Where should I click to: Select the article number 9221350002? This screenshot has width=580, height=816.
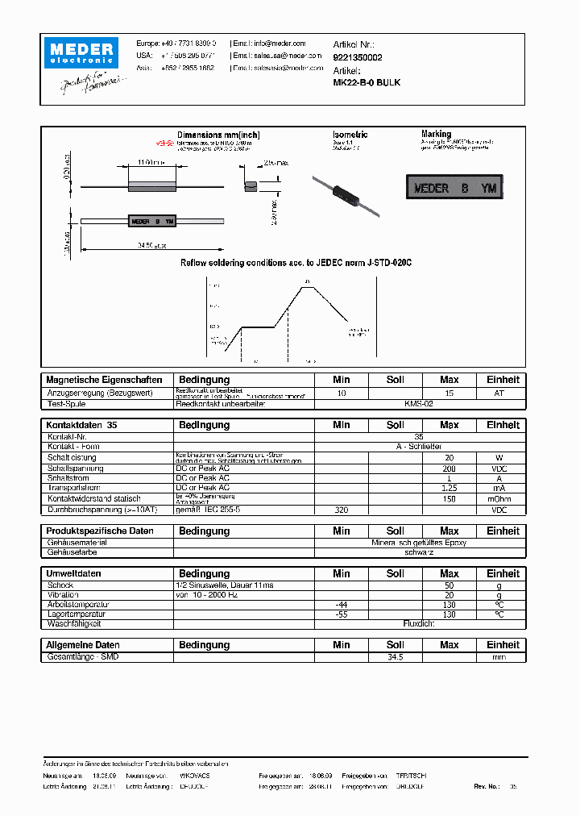point(358,57)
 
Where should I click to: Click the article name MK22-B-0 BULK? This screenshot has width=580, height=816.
point(367,82)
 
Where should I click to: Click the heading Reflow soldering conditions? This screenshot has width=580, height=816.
point(296,263)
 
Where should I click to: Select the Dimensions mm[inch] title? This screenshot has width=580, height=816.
point(218,135)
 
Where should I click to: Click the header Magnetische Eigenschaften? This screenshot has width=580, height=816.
point(105,380)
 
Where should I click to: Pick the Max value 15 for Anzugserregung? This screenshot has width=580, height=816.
point(449,393)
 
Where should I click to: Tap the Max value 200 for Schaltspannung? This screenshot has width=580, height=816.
point(449,468)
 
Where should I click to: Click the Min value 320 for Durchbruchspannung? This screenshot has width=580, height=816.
point(341,510)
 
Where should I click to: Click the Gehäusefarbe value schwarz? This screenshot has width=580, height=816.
point(419,553)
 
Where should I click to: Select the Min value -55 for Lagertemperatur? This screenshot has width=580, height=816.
point(341,614)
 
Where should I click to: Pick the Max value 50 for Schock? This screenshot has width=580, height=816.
point(449,584)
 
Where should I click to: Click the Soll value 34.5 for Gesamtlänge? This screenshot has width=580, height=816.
point(395,658)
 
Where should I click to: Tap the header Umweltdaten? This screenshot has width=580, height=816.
point(74,573)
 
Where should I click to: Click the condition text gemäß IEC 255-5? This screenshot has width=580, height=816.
point(209,510)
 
